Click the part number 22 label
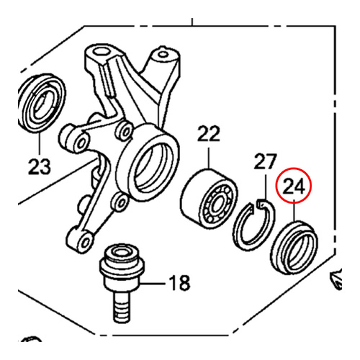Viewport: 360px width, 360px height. pos(208,134)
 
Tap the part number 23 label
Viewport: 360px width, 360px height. pos(40,168)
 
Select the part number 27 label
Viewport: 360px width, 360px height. pos(266,161)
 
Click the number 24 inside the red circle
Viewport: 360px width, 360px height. pos(295,187)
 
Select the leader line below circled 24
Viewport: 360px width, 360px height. pos(296,213)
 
